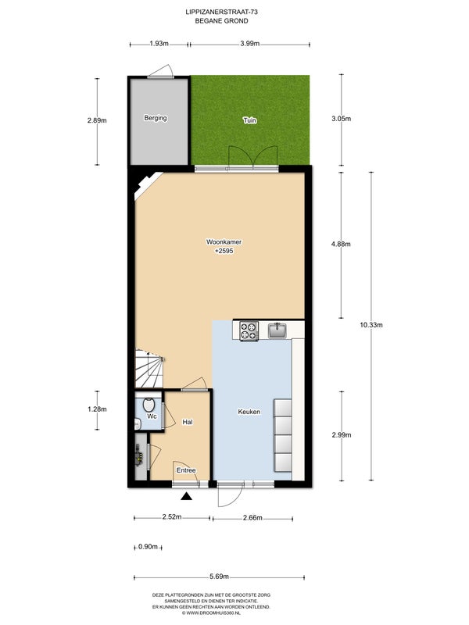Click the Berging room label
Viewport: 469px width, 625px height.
(x=155, y=118)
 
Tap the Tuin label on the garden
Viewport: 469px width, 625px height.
(x=250, y=120)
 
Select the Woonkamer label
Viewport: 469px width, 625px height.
(x=224, y=242)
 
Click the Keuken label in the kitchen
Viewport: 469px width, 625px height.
(x=249, y=412)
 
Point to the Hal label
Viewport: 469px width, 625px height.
(x=188, y=422)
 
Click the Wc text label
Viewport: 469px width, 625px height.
(x=152, y=416)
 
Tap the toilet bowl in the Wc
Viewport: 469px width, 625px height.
(x=149, y=404)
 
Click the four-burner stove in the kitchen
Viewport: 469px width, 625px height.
(x=249, y=330)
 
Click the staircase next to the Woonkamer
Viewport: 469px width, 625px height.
(x=149, y=369)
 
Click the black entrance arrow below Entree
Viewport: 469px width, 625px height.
(x=186, y=496)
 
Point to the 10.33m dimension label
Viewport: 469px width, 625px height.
(x=371, y=325)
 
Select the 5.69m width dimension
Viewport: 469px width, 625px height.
(x=220, y=577)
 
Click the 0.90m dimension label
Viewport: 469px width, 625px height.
(x=148, y=547)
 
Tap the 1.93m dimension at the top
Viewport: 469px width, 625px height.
(x=159, y=44)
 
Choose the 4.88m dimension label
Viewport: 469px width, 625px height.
(x=341, y=245)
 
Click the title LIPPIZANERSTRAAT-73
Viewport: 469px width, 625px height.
(x=222, y=12)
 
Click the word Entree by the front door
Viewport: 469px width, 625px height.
(x=186, y=470)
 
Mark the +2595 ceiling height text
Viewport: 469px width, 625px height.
(x=224, y=251)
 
